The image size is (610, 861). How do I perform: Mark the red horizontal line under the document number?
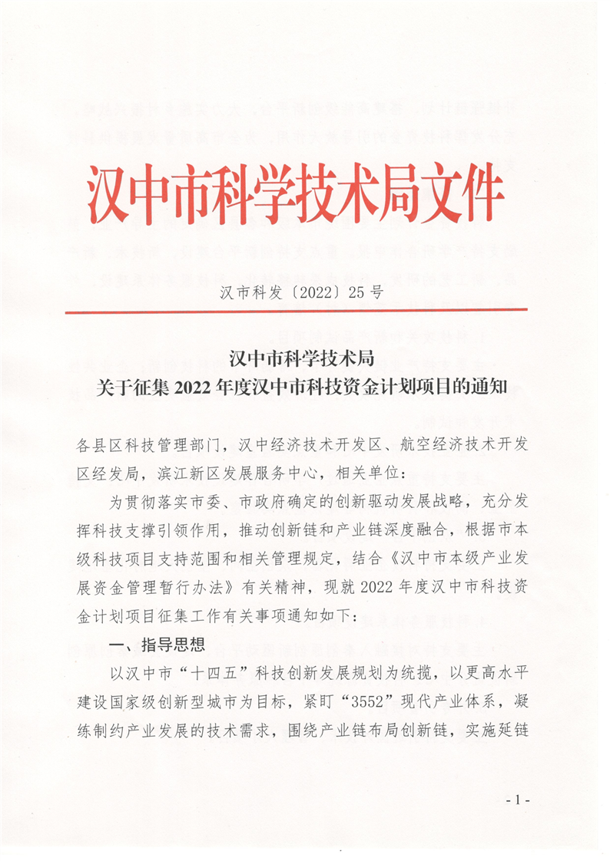(x=296, y=310)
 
